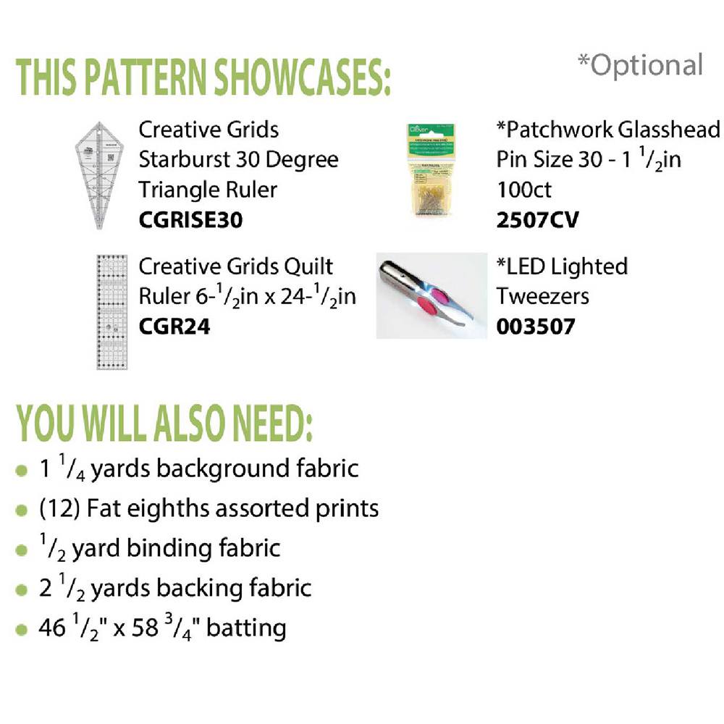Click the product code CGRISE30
click(190, 220)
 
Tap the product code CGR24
click(174, 327)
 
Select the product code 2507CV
click(537, 220)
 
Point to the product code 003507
click(536, 327)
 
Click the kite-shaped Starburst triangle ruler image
click(99, 175)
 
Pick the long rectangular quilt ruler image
click(111, 312)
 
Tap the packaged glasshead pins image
click(430, 169)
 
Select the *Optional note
click(641, 66)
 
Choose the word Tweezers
click(542, 296)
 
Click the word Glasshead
click(668, 130)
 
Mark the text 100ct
click(524, 190)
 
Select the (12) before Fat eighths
click(60, 509)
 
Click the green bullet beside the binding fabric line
click(21, 550)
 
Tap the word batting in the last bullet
click(246, 628)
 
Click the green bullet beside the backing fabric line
click(21, 589)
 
